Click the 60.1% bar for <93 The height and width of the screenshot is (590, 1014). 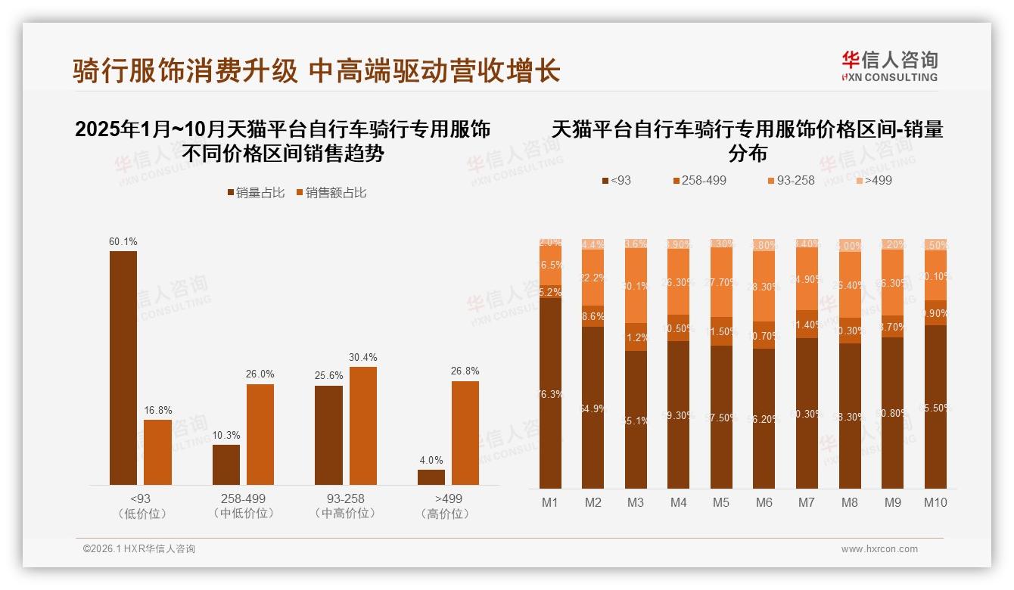coord(123,368)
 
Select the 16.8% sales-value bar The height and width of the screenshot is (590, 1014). coord(157,452)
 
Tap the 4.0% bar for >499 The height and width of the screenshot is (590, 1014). coord(431,477)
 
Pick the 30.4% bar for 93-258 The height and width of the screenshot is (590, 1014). coord(362,426)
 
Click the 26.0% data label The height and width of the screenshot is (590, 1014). coord(260,374)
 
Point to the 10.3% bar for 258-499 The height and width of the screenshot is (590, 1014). coord(226,464)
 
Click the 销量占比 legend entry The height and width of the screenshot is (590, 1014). coord(256,193)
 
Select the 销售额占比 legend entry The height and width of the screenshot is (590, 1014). coord(331,193)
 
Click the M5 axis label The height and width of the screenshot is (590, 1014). coord(720,502)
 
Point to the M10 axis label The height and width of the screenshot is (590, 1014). coord(935,502)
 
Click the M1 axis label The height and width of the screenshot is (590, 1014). coord(550,502)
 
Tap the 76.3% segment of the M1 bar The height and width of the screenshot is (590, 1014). coord(550,393)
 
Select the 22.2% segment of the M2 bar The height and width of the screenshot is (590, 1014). coord(593,278)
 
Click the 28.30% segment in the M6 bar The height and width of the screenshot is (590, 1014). coord(764,287)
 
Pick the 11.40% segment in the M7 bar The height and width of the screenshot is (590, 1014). coord(807,324)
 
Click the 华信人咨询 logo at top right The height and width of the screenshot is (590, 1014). coord(889,66)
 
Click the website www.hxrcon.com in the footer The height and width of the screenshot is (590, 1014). coord(879,549)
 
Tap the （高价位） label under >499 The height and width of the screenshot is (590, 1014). coord(449,514)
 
